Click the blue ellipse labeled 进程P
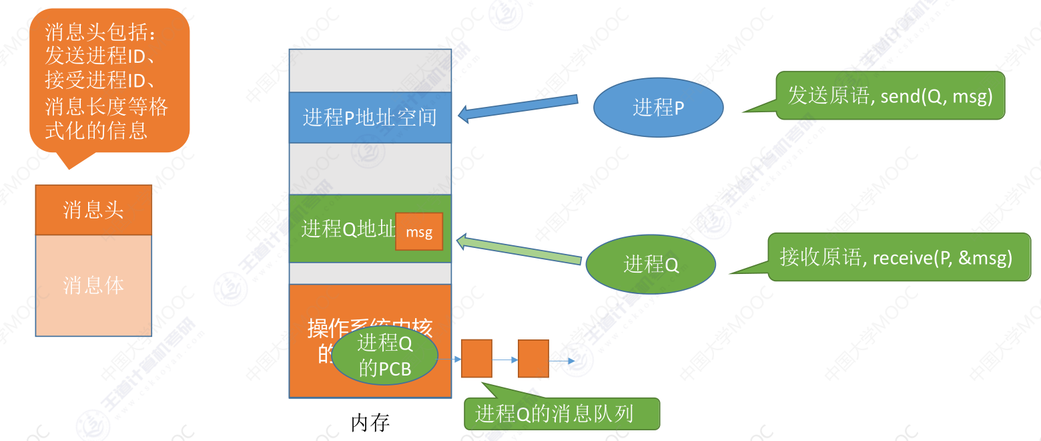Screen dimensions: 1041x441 coord(658,108)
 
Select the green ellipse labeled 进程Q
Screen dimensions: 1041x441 coord(651,264)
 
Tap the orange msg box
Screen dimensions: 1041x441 coord(419,232)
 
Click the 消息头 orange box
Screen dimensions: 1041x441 coord(93,210)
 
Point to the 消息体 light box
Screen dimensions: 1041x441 coord(93,285)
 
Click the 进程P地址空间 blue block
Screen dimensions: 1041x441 coord(370,118)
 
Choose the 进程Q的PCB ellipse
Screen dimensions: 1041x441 coord(384,356)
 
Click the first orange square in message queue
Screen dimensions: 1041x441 coord(476,359)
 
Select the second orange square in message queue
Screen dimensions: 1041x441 coord(533,359)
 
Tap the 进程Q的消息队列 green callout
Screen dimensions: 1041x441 coord(561,414)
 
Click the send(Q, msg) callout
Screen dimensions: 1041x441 coord(890,96)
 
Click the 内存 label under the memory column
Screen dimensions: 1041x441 coord(370,422)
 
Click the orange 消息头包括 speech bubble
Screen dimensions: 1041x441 coord(109,80)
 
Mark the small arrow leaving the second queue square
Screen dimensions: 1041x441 coord(562,361)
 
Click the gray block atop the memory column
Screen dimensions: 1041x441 coord(370,71)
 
